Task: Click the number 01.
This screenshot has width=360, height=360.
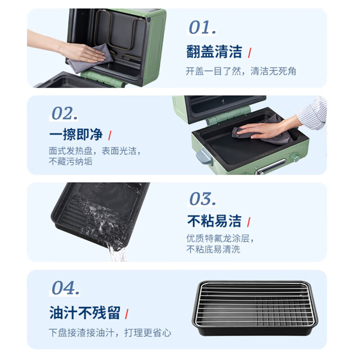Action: pyautogui.click(x=202, y=27)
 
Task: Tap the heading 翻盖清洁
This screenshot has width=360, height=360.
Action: pyautogui.click(x=214, y=52)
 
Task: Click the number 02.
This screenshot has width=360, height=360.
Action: pyautogui.click(x=65, y=113)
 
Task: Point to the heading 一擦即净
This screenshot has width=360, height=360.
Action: pyautogui.click(x=76, y=134)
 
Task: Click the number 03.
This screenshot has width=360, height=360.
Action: pyautogui.click(x=202, y=199)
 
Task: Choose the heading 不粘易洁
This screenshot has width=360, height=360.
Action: pyautogui.click(x=214, y=221)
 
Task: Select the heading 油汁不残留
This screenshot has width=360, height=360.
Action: pyautogui.click(x=85, y=313)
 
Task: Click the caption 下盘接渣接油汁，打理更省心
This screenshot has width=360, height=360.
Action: pyautogui.click(x=110, y=333)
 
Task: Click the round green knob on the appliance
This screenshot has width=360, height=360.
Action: pyautogui.click(x=295, y=157)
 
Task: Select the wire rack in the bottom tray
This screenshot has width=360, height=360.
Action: pyautogui.click(x=255, y=302)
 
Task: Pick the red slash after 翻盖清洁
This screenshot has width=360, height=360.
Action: pyautogui.click(x=250, y=52)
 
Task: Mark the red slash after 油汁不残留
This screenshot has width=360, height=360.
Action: pyautogui.click(x=127, y=313)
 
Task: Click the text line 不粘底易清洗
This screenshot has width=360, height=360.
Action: pyautogui.click(x=213, y=249)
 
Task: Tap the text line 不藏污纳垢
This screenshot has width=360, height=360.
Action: pyautogui.click(x=71, y=162)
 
